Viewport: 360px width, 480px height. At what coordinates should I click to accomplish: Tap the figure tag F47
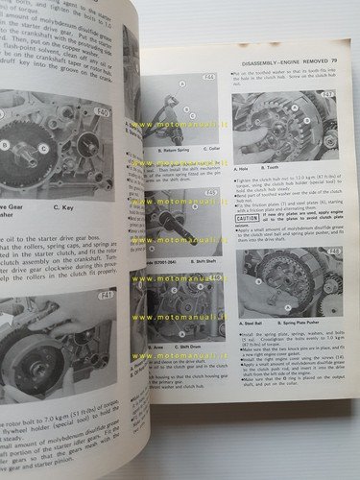[x=328, y=96]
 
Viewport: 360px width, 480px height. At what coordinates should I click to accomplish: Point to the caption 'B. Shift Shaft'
[x=204, y=260]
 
